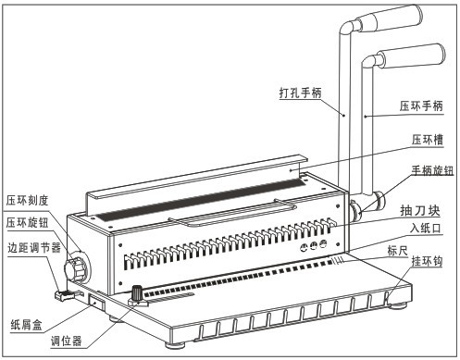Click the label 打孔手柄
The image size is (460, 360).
point(300,93)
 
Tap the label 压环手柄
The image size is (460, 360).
point(421,106)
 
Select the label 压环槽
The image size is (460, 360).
point(428,140)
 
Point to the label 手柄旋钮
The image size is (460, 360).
point(432,170)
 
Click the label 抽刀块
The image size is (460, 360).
point(420,210)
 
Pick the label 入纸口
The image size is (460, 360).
point(426,229)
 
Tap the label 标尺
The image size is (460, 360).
point(398,251)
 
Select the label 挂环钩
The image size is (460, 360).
point(427,261)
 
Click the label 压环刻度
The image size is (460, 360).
point(28,201)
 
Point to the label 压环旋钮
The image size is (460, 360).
point(28,222)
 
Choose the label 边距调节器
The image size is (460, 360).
point(34,247)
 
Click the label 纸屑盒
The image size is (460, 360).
point(26,325)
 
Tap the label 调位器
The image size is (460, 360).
point(67,341)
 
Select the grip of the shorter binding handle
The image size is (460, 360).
point(411,56)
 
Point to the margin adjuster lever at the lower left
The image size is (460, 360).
point(65,295)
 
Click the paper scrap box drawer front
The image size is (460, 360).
point(96,303)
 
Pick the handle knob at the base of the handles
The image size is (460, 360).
point(355,210)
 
